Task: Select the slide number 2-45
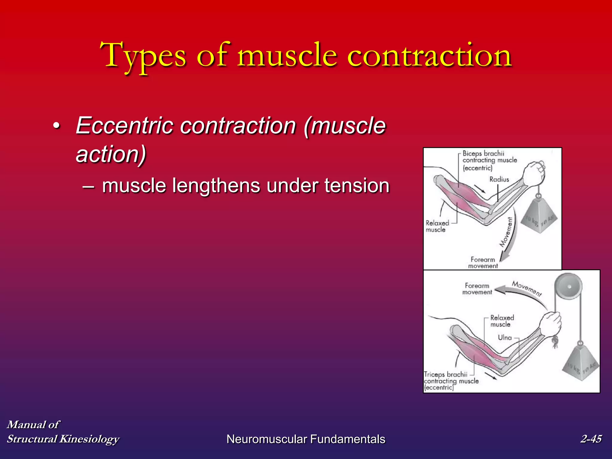591,439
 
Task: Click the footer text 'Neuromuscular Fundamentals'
306,439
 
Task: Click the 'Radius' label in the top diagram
499,179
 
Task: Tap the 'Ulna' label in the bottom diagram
505,338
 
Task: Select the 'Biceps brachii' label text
483,153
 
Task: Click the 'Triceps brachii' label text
446,374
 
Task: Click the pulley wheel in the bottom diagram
568,287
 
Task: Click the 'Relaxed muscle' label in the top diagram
437,226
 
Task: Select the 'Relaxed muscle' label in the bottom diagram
502,321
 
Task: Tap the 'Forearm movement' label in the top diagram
483,263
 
